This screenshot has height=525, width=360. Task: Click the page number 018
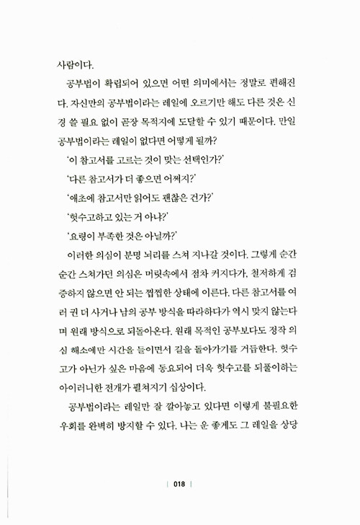coord(180,485)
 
